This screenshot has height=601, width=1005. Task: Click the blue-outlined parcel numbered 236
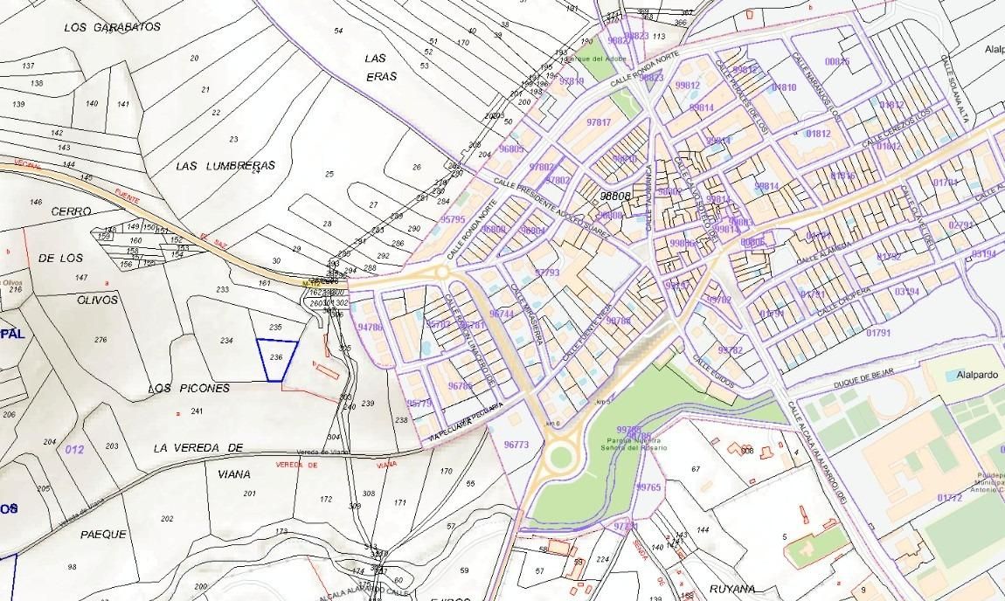[277, 359]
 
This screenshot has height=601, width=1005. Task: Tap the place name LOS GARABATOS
[113, 27]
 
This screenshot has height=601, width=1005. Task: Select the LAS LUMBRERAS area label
[225, 165]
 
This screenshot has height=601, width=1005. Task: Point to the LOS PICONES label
[189, 388]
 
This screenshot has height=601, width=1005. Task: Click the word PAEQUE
[103, 534]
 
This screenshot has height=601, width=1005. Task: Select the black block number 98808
[615, 197]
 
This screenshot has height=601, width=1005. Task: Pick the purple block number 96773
[516, 445]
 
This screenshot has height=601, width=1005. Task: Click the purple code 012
[74, 449]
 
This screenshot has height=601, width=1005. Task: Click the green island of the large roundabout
[559, 456]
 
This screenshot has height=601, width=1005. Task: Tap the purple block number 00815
[837, 61]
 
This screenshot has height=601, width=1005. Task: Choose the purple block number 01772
[949, 498]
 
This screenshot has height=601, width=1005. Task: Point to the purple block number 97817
[599, 122]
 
